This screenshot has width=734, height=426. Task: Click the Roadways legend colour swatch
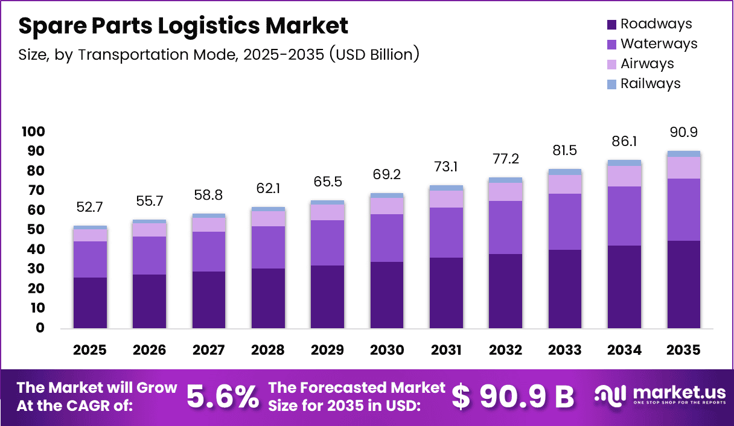[x=611, y=25]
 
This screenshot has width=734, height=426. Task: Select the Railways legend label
[x=650, y=84]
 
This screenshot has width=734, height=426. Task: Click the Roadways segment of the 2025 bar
[x=90, y=302]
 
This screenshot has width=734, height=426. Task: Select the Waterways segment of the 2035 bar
[x=683, y=209]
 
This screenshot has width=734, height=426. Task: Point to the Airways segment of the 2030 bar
[x=386, y=206]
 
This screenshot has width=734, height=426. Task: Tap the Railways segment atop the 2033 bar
[x=564, y=172]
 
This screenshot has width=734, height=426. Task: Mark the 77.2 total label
[x=505, y=160]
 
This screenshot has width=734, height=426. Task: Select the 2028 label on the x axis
[x=268, y=351]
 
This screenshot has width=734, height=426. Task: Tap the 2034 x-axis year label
[x=624, y=351]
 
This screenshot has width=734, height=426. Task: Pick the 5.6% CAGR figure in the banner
[x=222, y=396]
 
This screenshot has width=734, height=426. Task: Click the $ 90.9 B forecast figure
[x=513, y=396]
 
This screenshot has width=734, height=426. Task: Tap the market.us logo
[x=659, y=395]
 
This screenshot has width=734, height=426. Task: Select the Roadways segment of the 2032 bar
[x=505, y=291]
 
